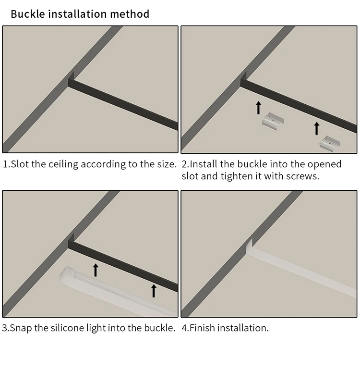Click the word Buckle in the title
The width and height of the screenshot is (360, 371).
[x=28, y=14]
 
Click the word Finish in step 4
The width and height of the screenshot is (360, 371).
[x=203, y=328]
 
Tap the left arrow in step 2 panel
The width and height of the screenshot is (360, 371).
[x=259, y=108]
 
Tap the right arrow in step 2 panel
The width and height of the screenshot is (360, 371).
[x=317, y=128]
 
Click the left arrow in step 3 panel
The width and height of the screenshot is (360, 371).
[x=96, y=270]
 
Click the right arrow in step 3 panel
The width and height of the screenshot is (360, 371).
[x=154, y=291]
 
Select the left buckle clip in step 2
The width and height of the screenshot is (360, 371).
[x=273, y=122]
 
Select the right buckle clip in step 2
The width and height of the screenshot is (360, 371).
[x=330, y=144]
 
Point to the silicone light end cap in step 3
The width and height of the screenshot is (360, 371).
[x=67, y=275]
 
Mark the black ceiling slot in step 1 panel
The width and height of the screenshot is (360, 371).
[x=123, y=104]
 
